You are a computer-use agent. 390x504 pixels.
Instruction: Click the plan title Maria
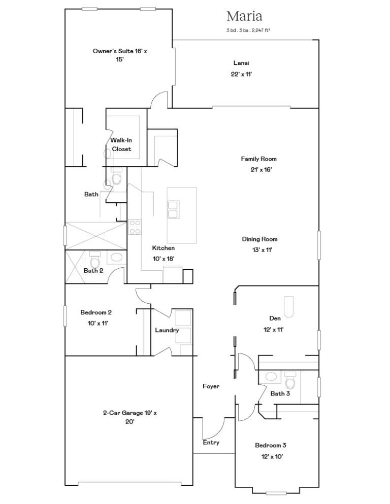pos(244,16)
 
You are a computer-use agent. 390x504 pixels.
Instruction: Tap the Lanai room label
pos(241,63)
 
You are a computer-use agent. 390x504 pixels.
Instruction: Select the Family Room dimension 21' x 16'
pos(261,170)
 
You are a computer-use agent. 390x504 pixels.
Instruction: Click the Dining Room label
pos(259,239)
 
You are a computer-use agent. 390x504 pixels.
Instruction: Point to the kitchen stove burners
pos(135,227)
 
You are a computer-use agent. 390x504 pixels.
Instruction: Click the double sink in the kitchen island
pos(173,209)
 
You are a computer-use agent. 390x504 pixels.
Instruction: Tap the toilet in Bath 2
pos(95,259)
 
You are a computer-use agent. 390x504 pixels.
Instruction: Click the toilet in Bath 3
pos(290,380)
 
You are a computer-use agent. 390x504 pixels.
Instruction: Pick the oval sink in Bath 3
pos(271,376)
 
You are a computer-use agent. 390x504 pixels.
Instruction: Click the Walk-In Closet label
pos(121,145)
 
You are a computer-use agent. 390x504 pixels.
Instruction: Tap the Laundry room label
pos(167,330)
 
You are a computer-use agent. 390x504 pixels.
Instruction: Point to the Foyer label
pos(211,386)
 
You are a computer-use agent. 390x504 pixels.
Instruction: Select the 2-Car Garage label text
pos(130,417)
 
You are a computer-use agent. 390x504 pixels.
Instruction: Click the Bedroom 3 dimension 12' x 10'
pos(272,456)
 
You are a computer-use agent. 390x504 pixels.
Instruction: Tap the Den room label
pos(275,318)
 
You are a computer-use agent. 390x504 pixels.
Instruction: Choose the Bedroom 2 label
pos(96,312)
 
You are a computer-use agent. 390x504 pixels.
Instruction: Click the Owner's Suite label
pos(120,55)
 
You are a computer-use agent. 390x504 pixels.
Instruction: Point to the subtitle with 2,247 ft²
pos(248,30)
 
